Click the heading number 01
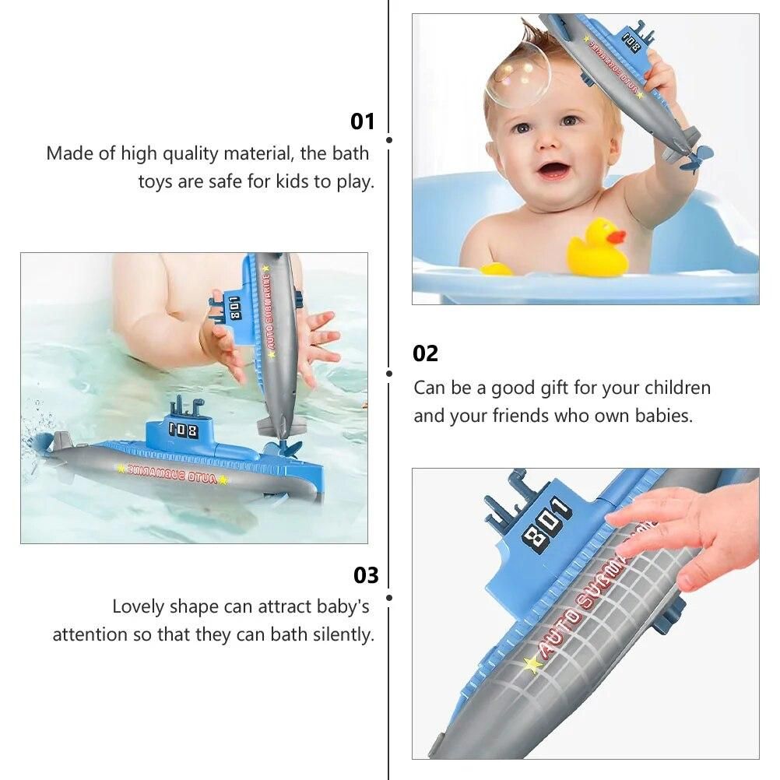(x=362, y=121)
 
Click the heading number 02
(x=425, y=353)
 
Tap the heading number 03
(x=366, y=575)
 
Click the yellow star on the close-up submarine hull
(x=532, y=663)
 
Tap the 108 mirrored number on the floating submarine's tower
(x=184, y=430)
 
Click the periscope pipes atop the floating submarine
(x=186, y=406)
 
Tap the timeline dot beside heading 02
(x=389, y=374)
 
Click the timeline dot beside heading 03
(x=389, y=597)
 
